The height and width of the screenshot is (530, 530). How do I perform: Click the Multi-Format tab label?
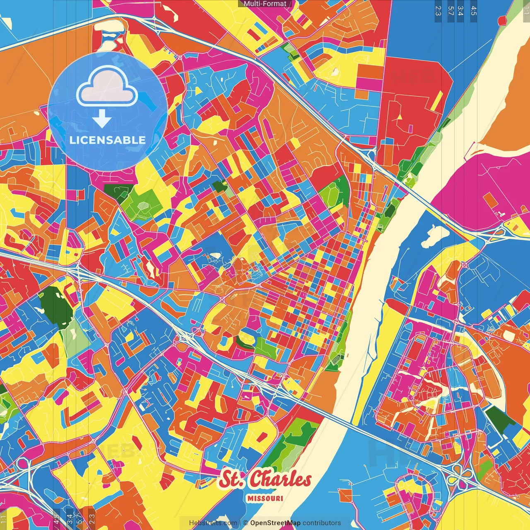pyautogui.click(x=265, y=4)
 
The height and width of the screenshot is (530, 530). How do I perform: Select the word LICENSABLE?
pyautogui.click(x=108, y=140)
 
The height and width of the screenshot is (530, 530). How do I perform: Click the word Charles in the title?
pyautogui.click(x=281, y=479)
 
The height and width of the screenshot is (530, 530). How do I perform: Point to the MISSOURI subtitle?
pyautogui.click(x=265, y=498)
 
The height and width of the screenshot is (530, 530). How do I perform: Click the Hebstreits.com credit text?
pyautogui.click(x=213, y=523)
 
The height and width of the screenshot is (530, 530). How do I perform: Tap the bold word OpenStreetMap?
pyautogui.click(x=275, y=523)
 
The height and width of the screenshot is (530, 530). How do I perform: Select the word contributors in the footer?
pyautogui.click(x=321, y=523)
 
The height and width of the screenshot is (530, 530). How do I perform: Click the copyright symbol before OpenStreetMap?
pyautogui.click(x=245, y=523)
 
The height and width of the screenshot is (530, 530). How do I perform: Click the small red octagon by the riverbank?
pyautogui.click(x=502, y=20)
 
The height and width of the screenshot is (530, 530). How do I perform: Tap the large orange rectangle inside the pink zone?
pyautogui.click(x=491, y=200)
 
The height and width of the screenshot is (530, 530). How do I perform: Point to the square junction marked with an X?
pyautogui.click(x=464, y=265)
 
